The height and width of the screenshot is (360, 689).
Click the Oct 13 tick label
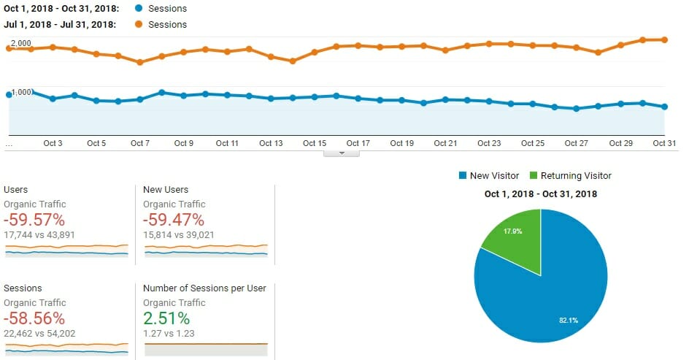click(x=271, y=143)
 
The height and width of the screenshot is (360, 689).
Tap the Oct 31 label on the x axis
click(x=664, y=143)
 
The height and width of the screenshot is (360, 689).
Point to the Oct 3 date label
click(x=53, y=143)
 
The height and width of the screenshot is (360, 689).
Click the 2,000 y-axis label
click(x=20, y=43)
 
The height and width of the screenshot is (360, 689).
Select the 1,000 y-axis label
click(x=20, y=92)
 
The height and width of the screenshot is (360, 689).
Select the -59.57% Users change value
click(x=34, y=220)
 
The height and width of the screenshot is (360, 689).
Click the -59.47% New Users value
click(x=174, y=220)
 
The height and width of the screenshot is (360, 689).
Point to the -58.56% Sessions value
click(x=34, y=318)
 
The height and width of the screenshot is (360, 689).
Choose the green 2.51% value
click(x=166, y=318)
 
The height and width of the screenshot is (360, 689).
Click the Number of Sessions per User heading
click(x=204, y=288)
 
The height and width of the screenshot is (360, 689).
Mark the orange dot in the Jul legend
click(x=139, y=25)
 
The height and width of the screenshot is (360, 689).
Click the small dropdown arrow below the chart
click(x=341, y=153)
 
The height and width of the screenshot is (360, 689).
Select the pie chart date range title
click(x=541, y=194)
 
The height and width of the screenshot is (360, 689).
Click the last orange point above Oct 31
click(x=664, y=39)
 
